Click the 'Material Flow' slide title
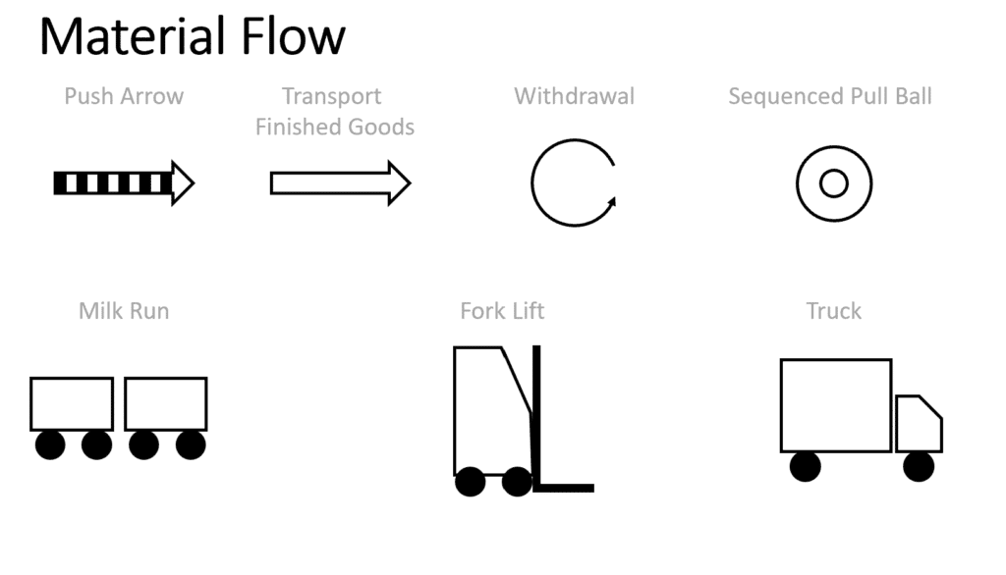point(193,36)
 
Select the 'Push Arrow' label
point(124,96)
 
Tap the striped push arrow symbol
point(124,183)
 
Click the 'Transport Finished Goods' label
point(334,112)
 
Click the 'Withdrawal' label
point(574,96)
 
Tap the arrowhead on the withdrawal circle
point(612,202)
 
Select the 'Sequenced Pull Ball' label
point(829,96)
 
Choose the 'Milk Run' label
point(124,311)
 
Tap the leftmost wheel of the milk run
point(50,444)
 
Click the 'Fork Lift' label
point(502,311)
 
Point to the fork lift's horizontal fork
point(564,489)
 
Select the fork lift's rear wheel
point(471,482)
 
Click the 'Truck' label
point(833,311)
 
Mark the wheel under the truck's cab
point(919,466)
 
